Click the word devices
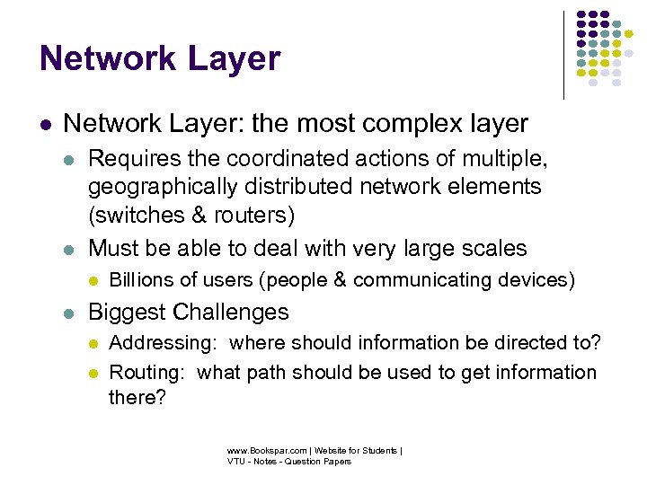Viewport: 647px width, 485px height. click(x=536, y=280)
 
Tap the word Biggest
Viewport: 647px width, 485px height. click(x=125, y=313)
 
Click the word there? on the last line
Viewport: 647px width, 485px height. click(x=137, y=397)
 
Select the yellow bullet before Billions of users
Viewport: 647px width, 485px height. click(x=93, y=281)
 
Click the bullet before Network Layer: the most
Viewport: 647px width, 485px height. click(x=45, y=123)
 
